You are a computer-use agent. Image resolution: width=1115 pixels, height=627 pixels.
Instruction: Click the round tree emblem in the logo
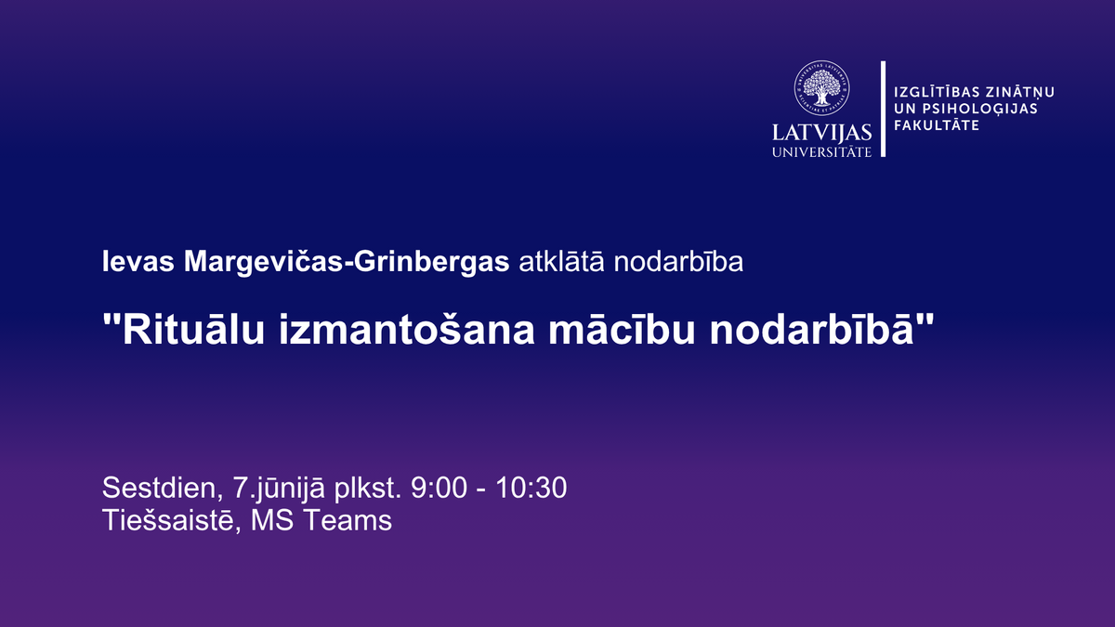(821, 88)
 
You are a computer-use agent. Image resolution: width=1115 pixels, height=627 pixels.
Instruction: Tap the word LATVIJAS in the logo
(821, 134)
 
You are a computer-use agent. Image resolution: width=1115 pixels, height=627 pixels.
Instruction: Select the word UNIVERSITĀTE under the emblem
(821, 151)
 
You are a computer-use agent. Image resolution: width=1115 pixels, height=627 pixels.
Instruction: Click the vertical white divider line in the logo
(884, 109)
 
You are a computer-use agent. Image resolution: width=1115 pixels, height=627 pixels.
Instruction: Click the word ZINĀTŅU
(1014, 93)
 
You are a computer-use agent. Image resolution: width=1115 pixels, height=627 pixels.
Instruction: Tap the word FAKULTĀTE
(937, 124)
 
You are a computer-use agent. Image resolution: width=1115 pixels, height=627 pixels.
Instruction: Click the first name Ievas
(138, 261)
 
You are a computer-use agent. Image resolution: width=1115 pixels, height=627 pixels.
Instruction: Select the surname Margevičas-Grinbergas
(347, 262)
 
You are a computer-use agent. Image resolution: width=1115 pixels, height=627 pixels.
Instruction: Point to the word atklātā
(561, 261)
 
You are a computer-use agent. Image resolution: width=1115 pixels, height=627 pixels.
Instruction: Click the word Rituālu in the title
(193, 329)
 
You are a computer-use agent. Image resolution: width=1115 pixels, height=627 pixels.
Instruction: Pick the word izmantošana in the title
(407, 329)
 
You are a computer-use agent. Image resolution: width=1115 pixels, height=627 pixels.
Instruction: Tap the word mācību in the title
(622, 329)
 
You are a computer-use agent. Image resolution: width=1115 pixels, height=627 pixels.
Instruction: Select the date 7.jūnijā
(279, 489)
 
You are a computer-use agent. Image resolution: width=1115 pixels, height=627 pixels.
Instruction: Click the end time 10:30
(531, 488)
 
